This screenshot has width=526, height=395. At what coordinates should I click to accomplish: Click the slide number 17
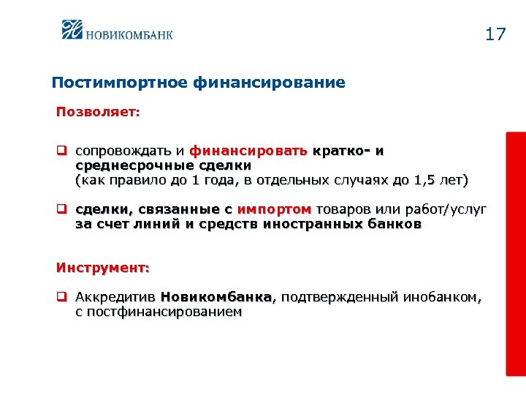point(495,34)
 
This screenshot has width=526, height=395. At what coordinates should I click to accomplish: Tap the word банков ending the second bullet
point(395,225)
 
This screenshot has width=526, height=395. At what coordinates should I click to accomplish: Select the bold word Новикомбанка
point(216,297)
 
